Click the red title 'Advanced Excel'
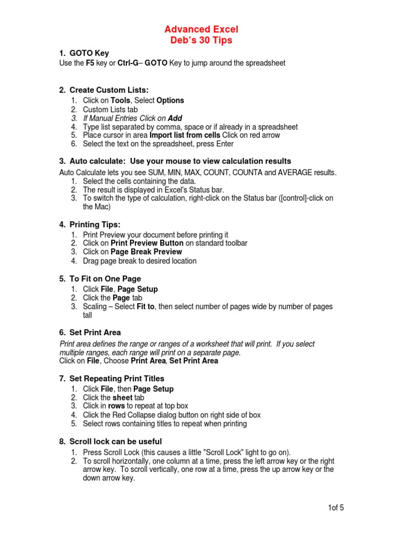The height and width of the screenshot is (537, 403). pos(201,29)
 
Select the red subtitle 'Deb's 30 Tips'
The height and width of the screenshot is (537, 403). pos(201,40)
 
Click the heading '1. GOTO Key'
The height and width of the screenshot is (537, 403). pos(84,53)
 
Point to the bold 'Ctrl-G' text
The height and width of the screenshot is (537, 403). pos(129,63)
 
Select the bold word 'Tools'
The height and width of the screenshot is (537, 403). pos(121,100)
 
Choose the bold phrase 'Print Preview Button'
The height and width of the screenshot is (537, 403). pos(147,243)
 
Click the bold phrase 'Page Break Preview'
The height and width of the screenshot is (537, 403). pos(146,252)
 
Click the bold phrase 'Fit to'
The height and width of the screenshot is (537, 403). pos(145,306)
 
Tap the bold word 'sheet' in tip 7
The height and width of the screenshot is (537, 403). pos(122,398)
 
